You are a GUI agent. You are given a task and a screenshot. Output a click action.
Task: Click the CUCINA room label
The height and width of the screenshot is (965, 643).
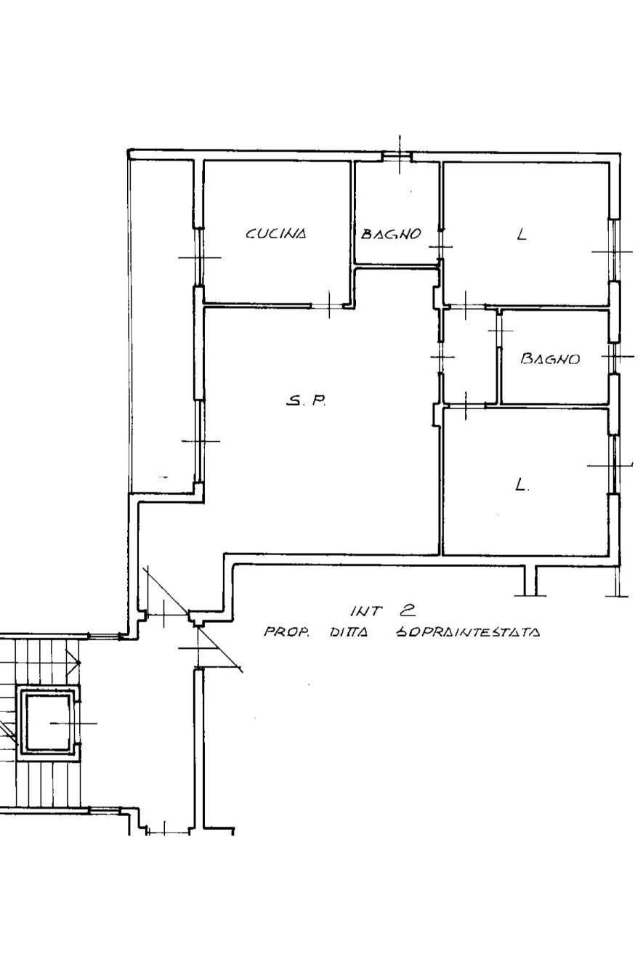click(275, 233)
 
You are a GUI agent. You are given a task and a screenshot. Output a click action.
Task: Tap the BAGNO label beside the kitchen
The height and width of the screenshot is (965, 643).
click(391, 234)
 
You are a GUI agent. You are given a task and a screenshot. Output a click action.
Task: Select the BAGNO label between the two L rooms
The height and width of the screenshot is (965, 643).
click(550, 359)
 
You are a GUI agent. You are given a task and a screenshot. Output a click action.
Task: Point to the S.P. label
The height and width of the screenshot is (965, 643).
click(306, 401)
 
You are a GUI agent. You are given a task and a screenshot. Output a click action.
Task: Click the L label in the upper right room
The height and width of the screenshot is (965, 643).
click(522, 235)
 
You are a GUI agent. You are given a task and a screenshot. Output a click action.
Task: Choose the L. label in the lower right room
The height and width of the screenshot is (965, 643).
click(522, 486)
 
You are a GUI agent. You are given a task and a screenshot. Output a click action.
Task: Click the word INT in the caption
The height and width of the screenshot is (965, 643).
click(366, 611)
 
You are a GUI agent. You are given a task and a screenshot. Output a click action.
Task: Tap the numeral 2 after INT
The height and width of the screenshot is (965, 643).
click(407, 610)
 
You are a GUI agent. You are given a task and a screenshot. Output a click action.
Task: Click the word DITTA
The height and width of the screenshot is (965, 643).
click(349, 632)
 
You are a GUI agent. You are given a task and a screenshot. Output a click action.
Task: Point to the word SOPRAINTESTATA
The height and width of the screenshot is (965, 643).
click(468, 632)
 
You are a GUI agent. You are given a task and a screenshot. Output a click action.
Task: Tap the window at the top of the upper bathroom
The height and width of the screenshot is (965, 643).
click(397, 156)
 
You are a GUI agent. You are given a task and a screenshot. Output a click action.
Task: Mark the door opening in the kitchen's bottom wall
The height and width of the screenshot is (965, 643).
click(328, 306)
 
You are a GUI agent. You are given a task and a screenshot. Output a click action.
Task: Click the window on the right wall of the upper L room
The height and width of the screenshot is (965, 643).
click(614, 250)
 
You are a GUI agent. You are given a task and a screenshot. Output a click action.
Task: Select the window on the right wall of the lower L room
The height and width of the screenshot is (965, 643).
click(614, 464)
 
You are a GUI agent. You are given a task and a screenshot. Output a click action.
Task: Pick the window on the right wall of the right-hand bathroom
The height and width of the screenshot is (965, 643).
click(614, 358)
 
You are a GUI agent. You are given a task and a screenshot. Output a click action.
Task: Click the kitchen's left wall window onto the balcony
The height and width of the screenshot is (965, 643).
click(198, 257)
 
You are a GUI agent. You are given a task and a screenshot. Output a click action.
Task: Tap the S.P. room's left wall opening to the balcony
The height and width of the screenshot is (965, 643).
click(198, 441)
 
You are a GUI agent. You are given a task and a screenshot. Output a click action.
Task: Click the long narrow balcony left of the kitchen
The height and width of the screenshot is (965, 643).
click(162, 326)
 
